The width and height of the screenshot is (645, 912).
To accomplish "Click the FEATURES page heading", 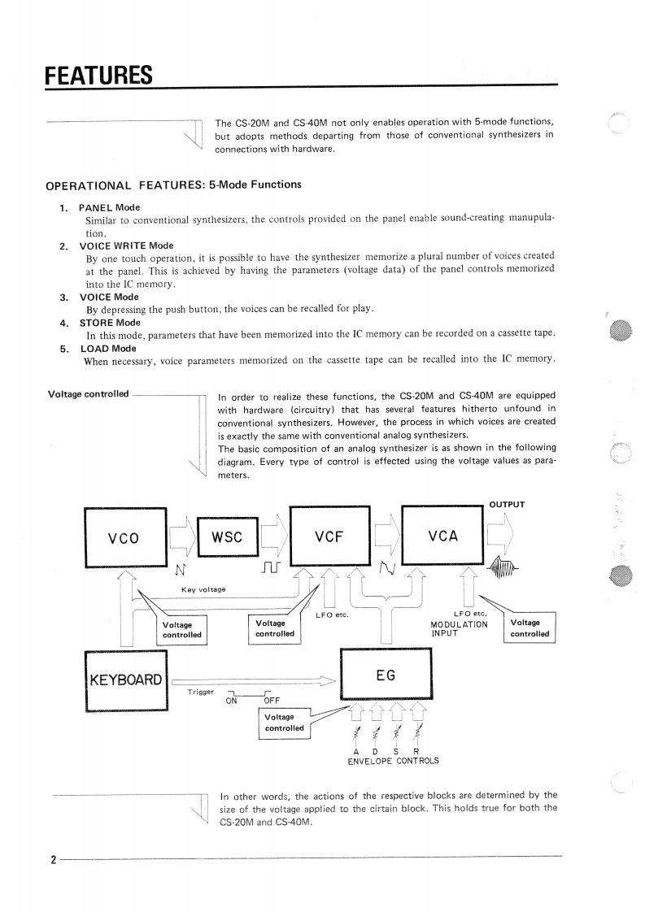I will (x=98, y=76).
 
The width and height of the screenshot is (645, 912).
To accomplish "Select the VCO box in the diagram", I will (x=124, y=537).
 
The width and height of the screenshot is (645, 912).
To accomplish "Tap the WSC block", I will (x=227, y=536).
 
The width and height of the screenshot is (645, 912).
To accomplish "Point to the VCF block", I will (x=329, y=536).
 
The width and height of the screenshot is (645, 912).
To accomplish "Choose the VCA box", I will (x=442, y=536).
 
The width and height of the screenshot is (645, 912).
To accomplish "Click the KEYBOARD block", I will (x=125, y=680).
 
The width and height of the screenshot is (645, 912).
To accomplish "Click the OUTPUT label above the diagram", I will (x=507, y=505).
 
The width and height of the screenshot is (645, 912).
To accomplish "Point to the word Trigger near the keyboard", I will (x=200, y=692).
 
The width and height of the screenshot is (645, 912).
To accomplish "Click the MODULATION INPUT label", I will (x=460, y=629).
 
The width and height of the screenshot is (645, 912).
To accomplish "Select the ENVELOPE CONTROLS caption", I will (x=393, y=761).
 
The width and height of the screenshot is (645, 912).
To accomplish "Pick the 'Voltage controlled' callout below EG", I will (x=285, y=723).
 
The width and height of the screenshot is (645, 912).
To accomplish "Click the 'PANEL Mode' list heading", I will (x=109, y=208).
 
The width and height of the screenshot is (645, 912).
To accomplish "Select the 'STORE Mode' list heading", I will (x=109, y=323).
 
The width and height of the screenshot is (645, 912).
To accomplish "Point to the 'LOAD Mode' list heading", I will (x=107, y=349).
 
